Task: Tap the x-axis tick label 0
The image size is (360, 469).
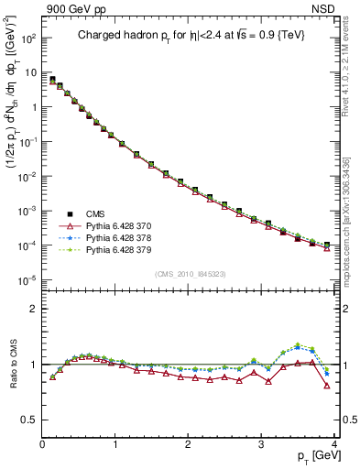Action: [43, 443]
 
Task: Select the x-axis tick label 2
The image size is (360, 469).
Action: [189, 443]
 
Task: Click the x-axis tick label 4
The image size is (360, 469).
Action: [333, 443]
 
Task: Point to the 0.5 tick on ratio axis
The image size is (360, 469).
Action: [31, 420]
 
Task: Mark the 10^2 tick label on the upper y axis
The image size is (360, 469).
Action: [28, 39]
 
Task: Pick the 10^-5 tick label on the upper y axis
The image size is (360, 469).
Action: [28, 280]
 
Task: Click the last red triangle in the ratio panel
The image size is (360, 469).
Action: [327, 385]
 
